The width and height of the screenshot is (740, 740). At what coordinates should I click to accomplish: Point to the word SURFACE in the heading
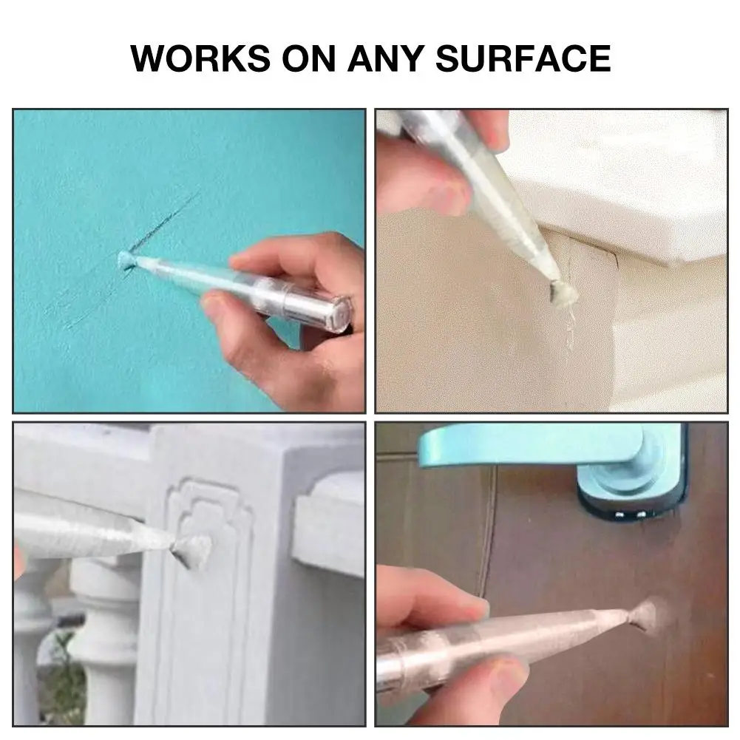(523, 58)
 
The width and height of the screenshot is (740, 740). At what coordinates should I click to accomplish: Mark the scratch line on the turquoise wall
(166, 222)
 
